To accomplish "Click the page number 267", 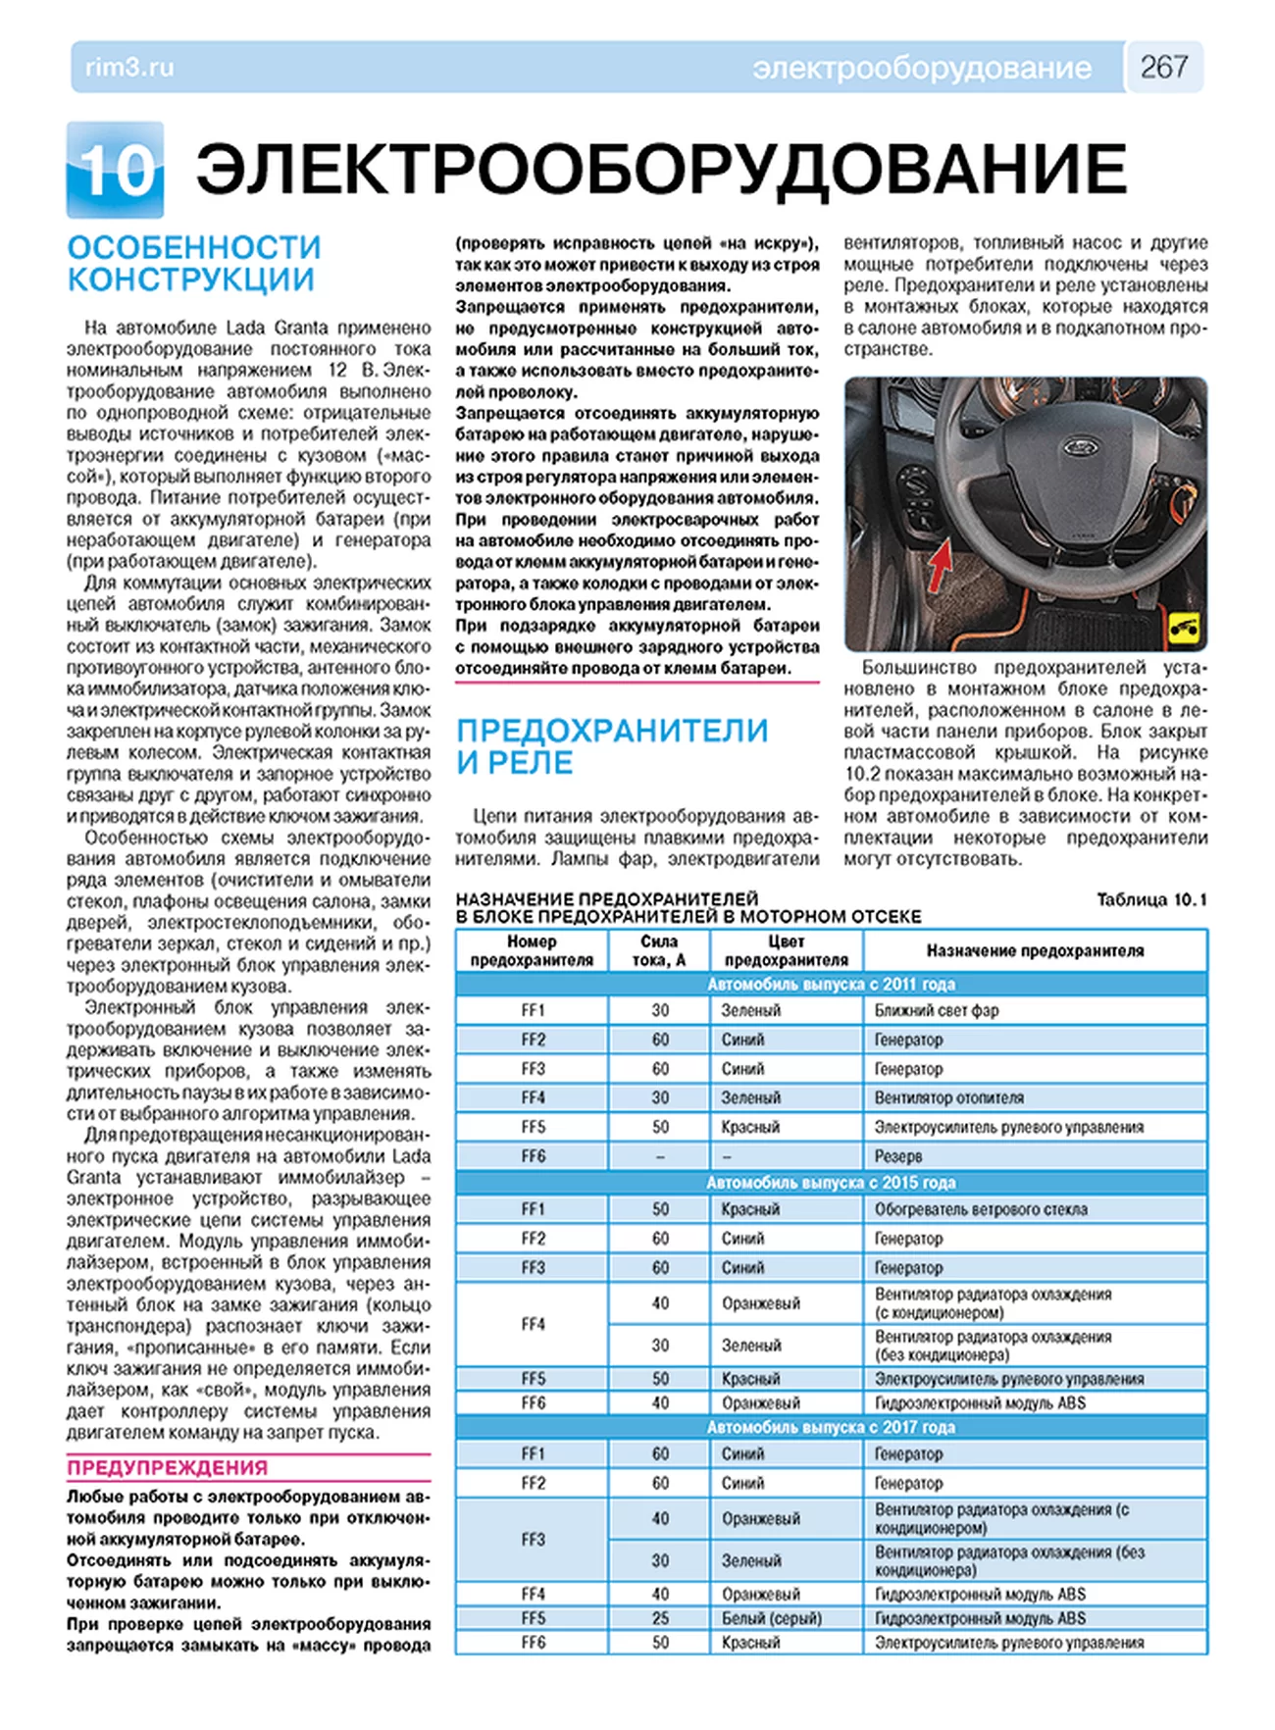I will [1164, 67].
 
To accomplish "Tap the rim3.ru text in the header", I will [129, 68].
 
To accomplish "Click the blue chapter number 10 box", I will [116, 171].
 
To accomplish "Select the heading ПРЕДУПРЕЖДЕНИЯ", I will [167, 1467].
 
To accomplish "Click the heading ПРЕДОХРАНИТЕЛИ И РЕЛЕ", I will [612, 746].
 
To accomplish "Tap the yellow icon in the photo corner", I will [1187, 630].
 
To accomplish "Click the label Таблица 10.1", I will [1151, 899].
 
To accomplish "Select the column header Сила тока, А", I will [659, 950].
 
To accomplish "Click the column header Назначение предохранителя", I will [1035, 950].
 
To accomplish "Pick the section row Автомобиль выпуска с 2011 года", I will [831, 984].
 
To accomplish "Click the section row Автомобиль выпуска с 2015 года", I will [831, 1183].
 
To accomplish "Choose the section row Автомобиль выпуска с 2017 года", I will [831, 1427].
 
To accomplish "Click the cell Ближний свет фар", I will [936, 1010].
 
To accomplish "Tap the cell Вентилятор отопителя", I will [948, 1097].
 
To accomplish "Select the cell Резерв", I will [898, 1156].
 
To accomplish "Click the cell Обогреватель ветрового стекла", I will [981, 1209].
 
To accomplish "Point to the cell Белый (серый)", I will [772, 1618].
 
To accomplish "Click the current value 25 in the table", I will [660, 1618].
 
